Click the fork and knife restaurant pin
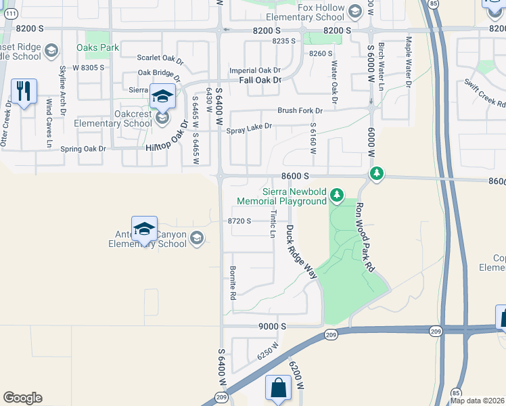(x=24, y=91)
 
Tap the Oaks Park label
(x=97, y=48)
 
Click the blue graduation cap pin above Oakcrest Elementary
(x=162, y=97)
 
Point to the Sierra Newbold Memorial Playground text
(x=290, y=196)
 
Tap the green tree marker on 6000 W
(x=376, y=175)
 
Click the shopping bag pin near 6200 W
(x=278, y=388)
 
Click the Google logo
(x=22, y=398)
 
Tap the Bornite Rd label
(x=232, y=284)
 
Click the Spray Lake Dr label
(x=249, y=127)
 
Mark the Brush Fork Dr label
(x=300, y=110)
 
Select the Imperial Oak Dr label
(x=255, y=70)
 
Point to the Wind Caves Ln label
(x=49, y=123)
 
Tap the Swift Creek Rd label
(x=485, y=93)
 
